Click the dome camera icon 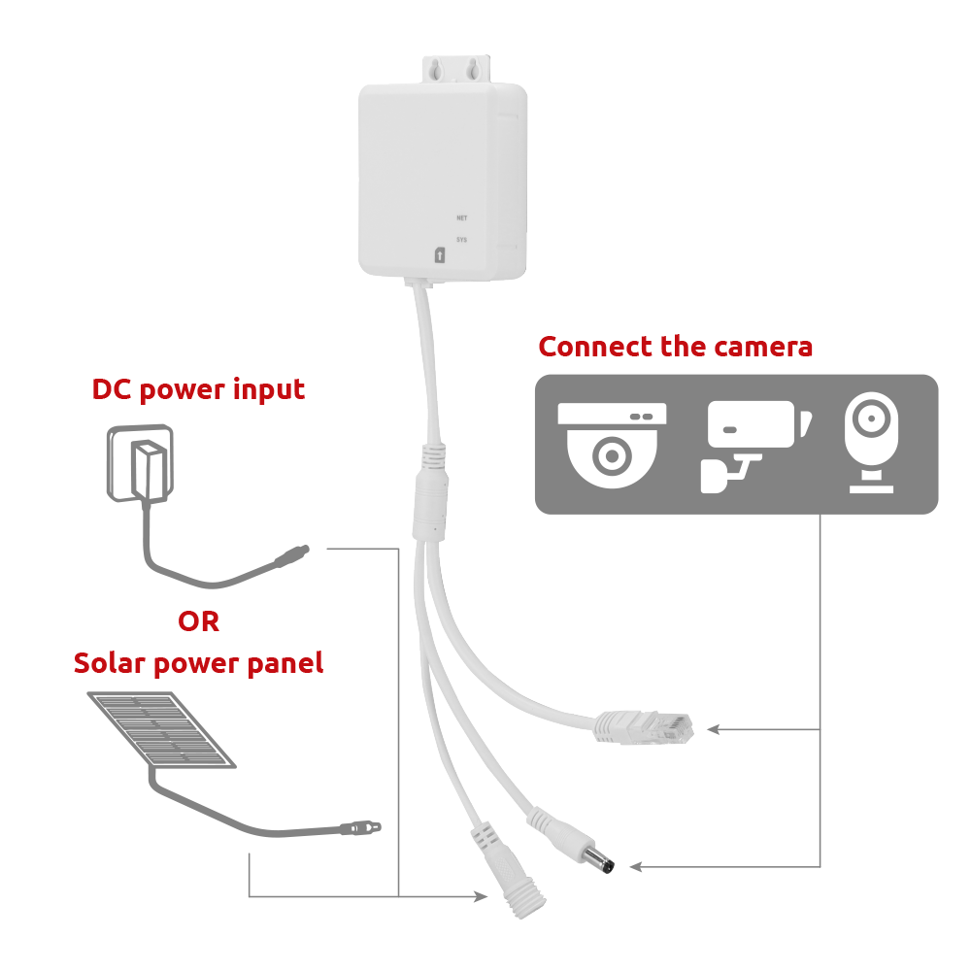[612, 445]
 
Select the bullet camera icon [753, 443]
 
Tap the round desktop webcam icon [871, 443]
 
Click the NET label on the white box [462, 218]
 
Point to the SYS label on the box [462, 239]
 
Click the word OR [198, 621]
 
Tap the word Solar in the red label [106, 664]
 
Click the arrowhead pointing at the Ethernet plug [712, 728]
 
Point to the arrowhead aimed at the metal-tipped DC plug [636, 865]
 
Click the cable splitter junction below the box [430, 495]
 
